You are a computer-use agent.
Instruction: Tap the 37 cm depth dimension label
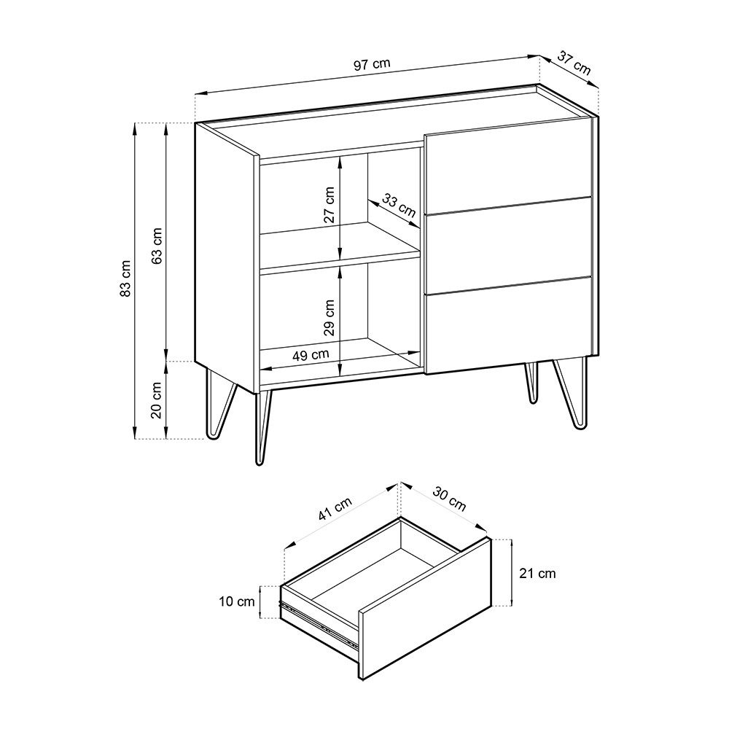(x=574, y=63)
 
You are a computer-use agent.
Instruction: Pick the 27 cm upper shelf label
(x=330, y=205)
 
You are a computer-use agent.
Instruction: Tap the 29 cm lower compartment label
(x=330, y=317)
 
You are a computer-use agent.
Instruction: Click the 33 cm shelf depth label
(x=399, y=206)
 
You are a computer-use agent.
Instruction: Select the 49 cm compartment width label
(x=311, y=355)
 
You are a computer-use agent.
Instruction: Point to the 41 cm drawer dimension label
(x=336, y=507)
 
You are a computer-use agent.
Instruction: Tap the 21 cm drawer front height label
(x=537, y=574)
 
